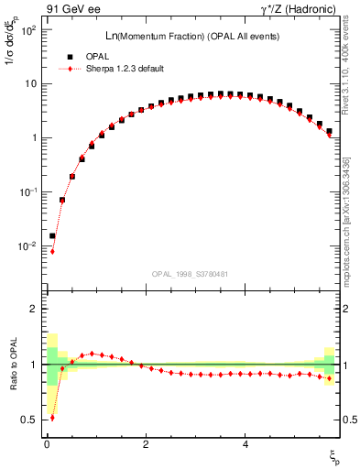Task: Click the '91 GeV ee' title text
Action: click(x=72, y=10)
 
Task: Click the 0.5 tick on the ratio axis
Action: click(x=31, y=420)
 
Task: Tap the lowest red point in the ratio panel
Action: click(x=52, y=418)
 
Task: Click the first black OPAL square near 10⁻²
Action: click(x=52, y=235)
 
